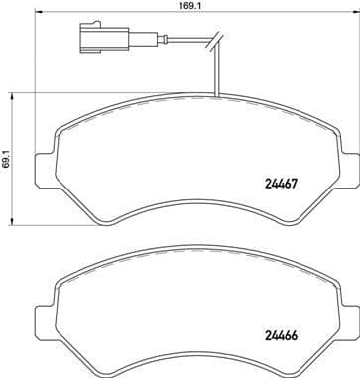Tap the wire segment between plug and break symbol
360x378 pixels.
pyautogui.click(x=169, y=43)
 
